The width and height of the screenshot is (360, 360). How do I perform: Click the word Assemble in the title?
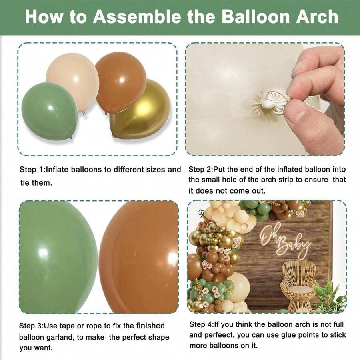(x=144, y=17)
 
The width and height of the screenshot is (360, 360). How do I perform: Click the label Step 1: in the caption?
(x=32, y=170)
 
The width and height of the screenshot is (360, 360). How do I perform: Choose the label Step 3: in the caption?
(x=32, y=326)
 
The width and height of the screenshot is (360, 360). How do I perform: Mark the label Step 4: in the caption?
(x=202, y=324)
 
